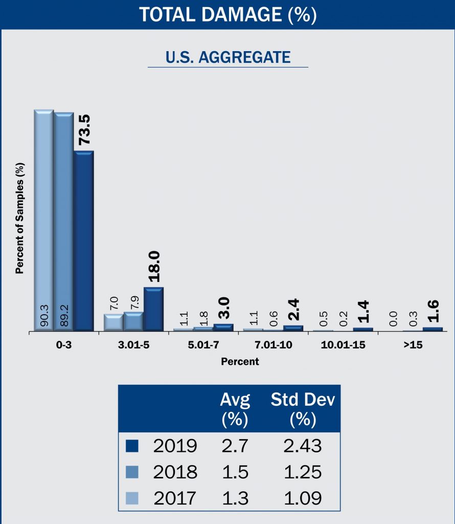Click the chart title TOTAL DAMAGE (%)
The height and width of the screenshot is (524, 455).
tap(227, 14)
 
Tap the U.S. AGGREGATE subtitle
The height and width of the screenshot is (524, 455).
tap(227, 57)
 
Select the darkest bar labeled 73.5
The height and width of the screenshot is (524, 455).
tap(83, 241)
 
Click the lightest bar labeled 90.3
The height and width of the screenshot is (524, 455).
tap(44, 220)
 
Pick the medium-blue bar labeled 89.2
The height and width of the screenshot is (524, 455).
tap(63, 221)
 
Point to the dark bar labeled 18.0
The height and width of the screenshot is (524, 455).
tap(153, 309)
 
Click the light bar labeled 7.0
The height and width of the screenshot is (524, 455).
tap(113, 322)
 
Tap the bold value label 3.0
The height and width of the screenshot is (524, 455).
tap(223, 309)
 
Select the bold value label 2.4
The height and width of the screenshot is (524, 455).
tap(293, 310)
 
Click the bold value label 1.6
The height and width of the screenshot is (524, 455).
tap(433, 312)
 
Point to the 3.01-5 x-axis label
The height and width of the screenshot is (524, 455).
tap(133, 345)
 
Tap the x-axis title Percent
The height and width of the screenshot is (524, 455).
tap(240, 362)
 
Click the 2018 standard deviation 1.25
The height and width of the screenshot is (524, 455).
tap(303, 471)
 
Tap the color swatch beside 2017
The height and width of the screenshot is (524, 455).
tap(132, 497)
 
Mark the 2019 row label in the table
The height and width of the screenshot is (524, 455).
tap(175, 446)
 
